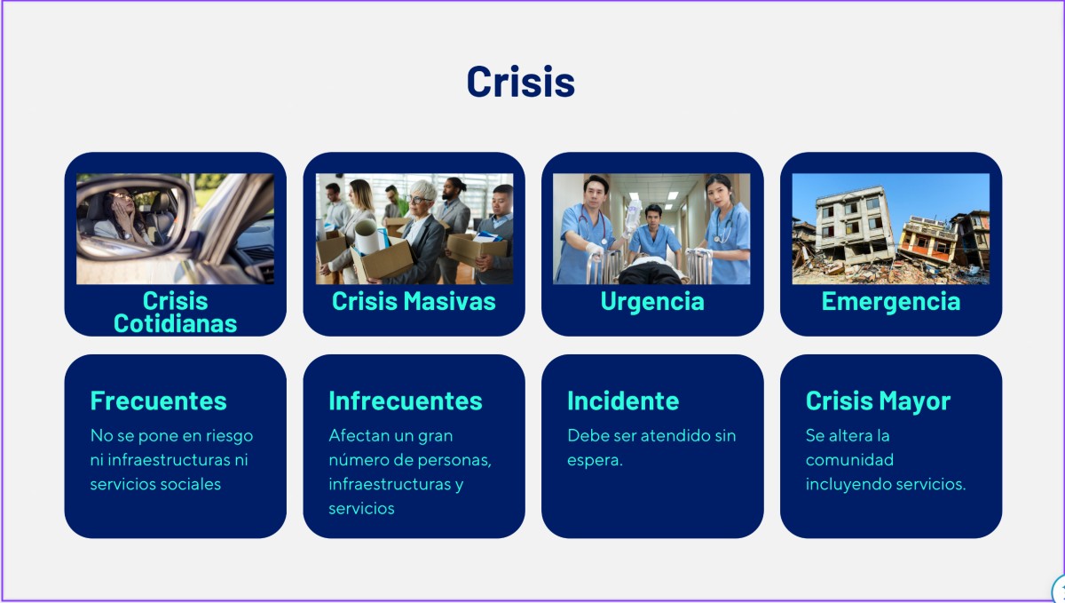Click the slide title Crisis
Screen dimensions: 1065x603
[521, 82]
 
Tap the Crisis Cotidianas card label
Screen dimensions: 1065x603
[175, 313]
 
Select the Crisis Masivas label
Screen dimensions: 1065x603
[414, 301]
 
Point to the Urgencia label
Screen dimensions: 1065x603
[652, 301]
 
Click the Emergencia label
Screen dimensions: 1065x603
[891, 301]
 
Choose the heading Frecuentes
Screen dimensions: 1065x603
[158, 401]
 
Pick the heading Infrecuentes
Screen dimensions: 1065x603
[406, 401]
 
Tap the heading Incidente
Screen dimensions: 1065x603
[623, 401]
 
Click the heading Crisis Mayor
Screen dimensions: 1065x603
[878, 401]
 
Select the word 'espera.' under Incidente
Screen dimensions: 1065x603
[595, 460]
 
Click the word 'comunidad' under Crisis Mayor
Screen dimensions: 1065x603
[849, 460]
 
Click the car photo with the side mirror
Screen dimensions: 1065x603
[175, 229]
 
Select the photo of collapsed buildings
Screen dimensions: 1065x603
[891, 229]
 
